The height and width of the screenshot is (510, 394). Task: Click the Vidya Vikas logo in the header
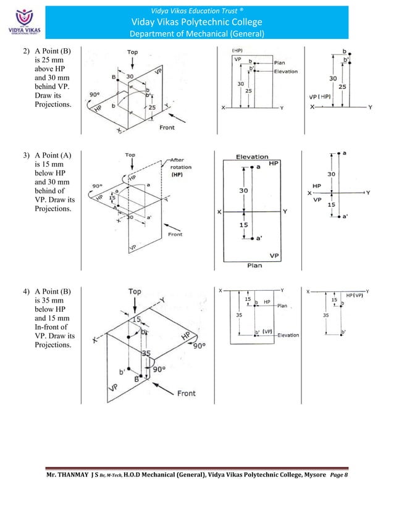coord(22,23)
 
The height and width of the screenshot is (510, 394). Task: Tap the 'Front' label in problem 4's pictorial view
coord(187,393)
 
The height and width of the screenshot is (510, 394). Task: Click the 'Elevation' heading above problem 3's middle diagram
coord(252,157)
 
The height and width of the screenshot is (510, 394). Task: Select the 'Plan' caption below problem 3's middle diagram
coord(254,265)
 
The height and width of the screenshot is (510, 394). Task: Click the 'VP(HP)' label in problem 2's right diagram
coord(320,96)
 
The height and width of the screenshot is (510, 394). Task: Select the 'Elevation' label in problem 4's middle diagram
coord(288,335)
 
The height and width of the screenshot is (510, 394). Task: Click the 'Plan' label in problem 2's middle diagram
coord(279,62)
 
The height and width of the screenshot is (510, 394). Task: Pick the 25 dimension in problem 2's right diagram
coord(342,87)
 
